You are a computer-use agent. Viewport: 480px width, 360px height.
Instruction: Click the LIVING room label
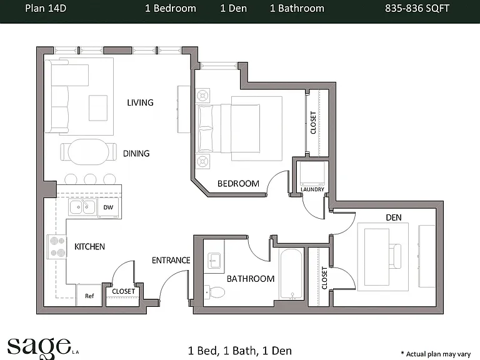(140, 102)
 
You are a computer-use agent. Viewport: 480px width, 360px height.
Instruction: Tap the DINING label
(136, 153)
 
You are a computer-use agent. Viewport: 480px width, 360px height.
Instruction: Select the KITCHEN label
(90, 246)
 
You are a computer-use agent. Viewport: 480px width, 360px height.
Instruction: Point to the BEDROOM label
(239, 184)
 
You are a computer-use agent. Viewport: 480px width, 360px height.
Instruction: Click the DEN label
(394, 217)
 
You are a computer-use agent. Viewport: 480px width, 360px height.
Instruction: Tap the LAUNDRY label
(312, 189)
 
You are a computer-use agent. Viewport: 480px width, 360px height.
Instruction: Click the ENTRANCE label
(171, 260)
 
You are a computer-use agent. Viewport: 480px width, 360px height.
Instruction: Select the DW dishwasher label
(108, 207)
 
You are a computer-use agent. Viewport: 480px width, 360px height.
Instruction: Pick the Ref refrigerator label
(89, 296)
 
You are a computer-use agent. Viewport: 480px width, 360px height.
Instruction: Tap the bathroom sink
(214, 260)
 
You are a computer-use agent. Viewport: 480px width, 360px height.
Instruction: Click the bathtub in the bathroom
(292, 274)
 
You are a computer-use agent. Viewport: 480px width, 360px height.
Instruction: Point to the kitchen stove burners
(57, 246)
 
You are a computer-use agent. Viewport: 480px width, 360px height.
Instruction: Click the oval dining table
(89, 152)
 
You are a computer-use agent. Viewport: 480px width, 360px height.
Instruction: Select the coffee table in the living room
(98, 108)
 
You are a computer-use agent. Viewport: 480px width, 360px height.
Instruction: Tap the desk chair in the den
(395, 256)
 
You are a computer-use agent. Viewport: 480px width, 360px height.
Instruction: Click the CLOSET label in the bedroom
(313, 122)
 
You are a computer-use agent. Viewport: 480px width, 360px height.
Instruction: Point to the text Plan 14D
(46, 8)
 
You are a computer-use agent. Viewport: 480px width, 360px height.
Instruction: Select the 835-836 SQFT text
(417, 8)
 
